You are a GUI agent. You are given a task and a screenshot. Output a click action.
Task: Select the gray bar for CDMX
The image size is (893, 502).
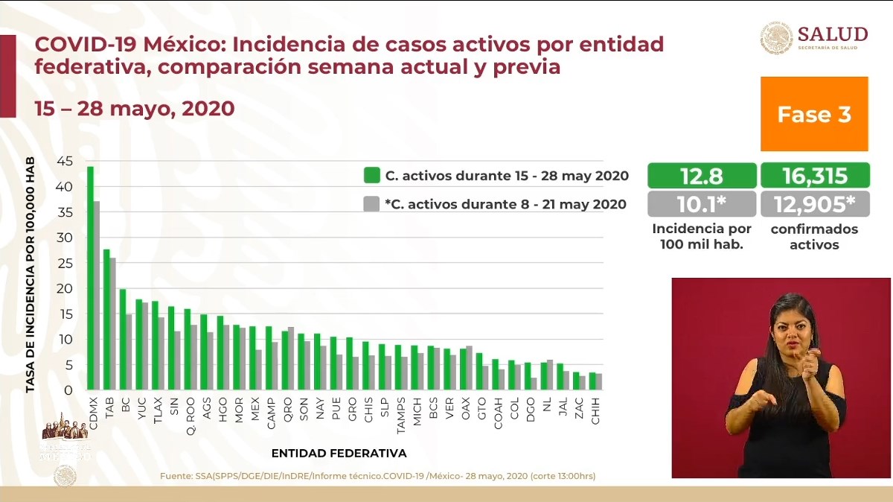97,295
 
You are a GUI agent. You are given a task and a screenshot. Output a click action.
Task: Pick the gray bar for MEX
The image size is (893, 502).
258,369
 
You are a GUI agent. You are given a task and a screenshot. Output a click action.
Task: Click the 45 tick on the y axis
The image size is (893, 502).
65,161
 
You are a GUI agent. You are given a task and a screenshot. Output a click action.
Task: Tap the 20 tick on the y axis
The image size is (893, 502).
65,288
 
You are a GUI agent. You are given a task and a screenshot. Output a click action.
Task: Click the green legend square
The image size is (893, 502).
372,176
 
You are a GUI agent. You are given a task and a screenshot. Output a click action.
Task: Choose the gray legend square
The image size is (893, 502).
372,203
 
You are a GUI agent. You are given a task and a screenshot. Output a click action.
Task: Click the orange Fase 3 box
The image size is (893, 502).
814,114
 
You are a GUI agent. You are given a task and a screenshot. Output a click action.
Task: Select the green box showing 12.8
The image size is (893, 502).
702,176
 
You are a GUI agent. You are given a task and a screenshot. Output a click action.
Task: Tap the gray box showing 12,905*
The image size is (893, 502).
814,203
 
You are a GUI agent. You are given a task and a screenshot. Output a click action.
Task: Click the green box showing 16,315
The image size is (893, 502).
814,176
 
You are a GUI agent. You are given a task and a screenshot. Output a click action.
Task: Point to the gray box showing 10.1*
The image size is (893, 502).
702,203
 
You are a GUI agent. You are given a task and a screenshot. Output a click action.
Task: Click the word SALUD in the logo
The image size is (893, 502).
832,34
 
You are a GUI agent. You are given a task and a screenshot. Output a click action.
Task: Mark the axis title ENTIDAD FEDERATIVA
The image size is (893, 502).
339,453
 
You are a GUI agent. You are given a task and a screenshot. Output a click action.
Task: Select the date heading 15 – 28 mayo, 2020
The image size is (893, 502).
135,109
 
